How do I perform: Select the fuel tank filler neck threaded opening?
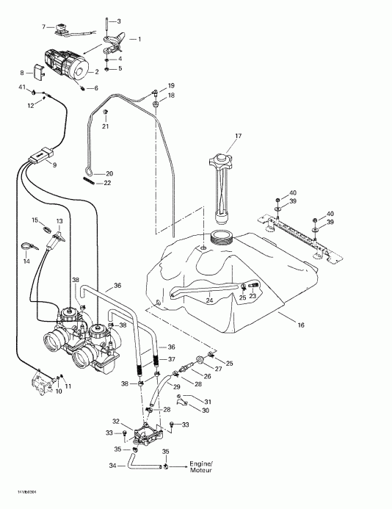pos(220,237)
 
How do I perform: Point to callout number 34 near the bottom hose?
pos(112,465)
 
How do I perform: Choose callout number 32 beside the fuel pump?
pos(115,421)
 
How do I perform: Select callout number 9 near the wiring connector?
pos(54,164)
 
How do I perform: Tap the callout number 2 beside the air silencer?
pos(96,71)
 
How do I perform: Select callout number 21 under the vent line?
pos(106,126)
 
